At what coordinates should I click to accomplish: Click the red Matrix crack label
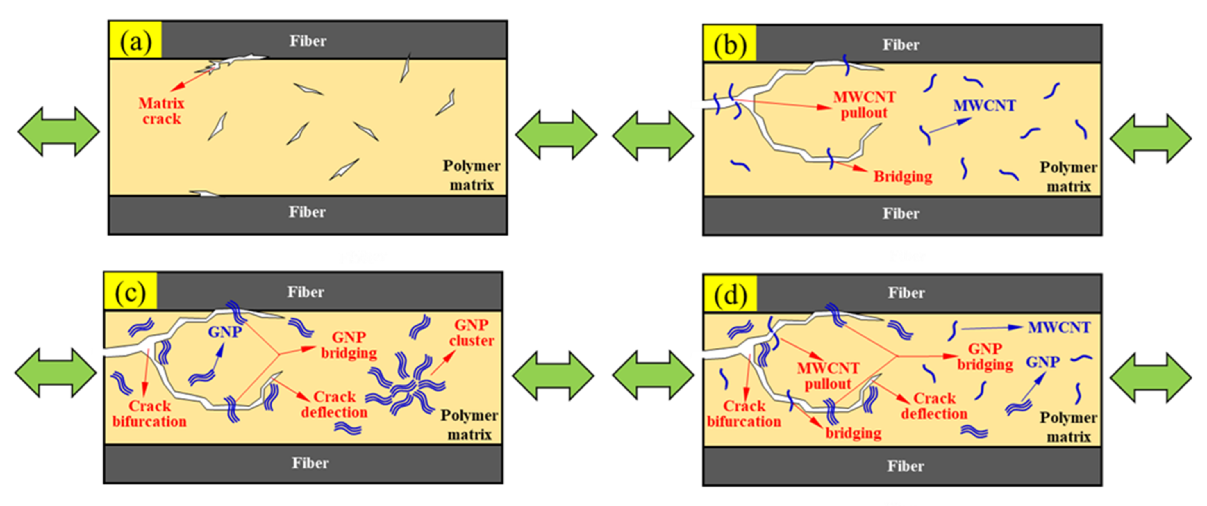[161, 111]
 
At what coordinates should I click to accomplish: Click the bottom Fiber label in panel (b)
[901, 214]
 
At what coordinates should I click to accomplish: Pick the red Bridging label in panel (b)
[902, 177]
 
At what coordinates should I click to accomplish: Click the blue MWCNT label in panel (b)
[984, 105]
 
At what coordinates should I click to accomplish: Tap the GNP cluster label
[471, 333]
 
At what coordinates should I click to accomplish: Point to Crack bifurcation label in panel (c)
[149, 414]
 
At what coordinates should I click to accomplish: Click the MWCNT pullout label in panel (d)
[828, 376]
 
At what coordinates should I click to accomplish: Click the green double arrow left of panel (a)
[58, 132]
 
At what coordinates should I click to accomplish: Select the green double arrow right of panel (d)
[1150, 378]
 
